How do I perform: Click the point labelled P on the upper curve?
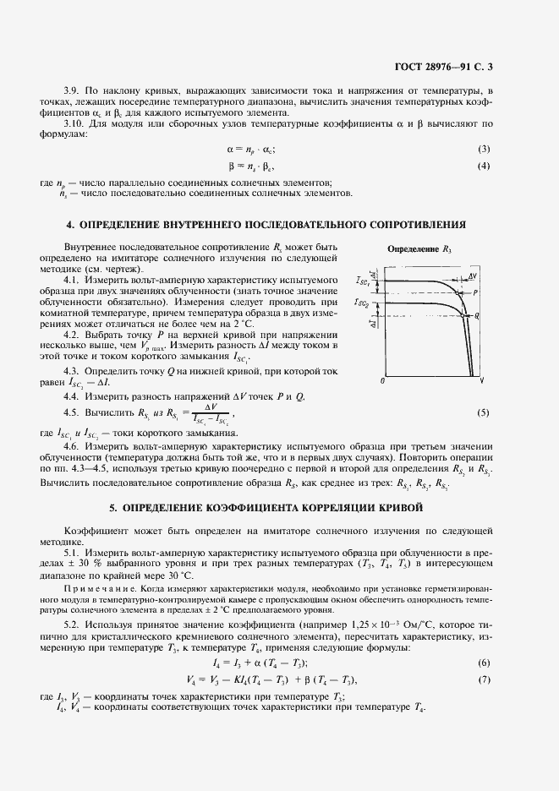click(x=476, y=291)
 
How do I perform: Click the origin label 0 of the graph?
click(x=383, y=382)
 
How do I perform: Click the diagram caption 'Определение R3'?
click(x=420, y=250)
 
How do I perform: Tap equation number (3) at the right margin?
click(x=484, y=150)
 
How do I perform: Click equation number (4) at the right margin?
click(x=484, y=166)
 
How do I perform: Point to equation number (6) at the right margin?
click(x=484, y=662)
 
